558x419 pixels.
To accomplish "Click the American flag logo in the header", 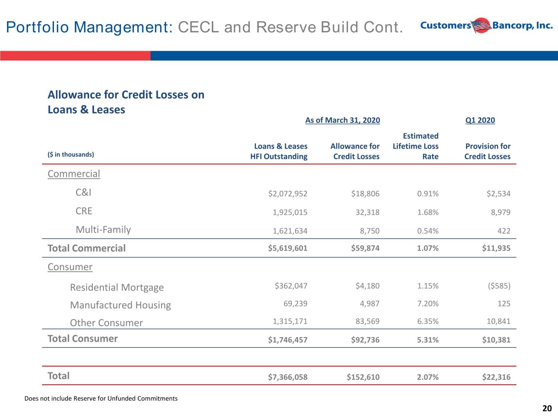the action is click(481, 25).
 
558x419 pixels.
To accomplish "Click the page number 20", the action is click(547, 408).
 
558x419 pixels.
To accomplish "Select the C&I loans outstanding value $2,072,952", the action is click(288, 194).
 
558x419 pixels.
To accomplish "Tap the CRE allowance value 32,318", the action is click(368, 212).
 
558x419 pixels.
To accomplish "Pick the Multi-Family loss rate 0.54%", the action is click(428, 231).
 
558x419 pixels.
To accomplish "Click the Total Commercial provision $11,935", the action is click(496, 248).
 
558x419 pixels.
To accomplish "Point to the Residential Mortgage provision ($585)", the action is click(499, 286).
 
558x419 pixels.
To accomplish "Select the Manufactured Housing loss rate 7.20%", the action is click(428, 304).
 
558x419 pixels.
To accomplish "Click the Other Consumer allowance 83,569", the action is click(368, 321).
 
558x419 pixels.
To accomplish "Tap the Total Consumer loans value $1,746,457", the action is click(288, 340).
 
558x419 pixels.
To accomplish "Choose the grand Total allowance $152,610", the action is click(363, 377).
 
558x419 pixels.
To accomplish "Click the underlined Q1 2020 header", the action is click(480, 120).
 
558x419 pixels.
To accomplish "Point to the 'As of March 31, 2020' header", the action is click(343, 120).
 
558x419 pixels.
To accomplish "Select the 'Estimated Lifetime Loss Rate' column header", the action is click(416, 146).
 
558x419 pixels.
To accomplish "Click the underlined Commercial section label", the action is click(74, 174).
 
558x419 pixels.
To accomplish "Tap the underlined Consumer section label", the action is click(70, 267).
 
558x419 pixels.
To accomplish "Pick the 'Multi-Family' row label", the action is click(103, 230).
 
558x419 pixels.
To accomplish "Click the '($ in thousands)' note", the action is click(71, 155).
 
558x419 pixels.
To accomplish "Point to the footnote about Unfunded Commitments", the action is click(101, 399).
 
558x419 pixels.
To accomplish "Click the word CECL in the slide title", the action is click(198, 27).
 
